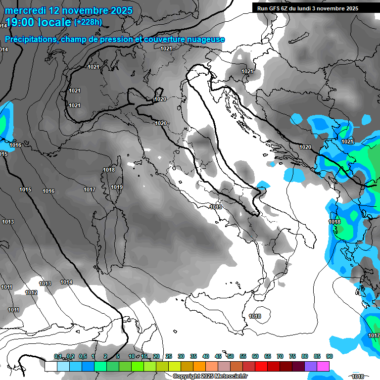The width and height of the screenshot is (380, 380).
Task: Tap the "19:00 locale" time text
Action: pyautogui.click(x=38, y=23)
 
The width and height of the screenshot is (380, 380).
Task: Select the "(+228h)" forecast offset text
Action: pyautogui.click(x=88, y=22)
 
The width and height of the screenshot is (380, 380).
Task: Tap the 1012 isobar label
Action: pyautogui.click(x=31, y=293)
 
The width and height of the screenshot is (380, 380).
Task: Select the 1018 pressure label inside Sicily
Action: pyautogui.click(x=255, y=317)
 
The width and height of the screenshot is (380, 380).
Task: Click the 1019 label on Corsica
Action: pyautogui.click(x=117, y=187)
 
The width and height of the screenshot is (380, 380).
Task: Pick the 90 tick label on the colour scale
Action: pyautogui.click(x=329, y=357)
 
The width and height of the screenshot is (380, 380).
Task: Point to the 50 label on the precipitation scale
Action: pyautogui.click(x=231, y=357)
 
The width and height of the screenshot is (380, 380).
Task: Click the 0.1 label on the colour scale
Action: pyautogui.click(x=58, y=357)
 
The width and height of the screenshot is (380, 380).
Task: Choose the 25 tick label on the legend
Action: pyautogui.click(x=169, y=357)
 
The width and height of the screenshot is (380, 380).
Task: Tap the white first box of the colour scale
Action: pyautogui.click(x=50, y=367)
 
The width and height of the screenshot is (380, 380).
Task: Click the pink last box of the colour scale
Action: pyautogui.click(x=323, y=367)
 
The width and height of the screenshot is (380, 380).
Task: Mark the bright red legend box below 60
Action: pyautogui.click(x=261, y=367)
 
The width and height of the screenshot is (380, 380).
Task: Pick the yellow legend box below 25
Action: pyautogui.click(x=174, y=367)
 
